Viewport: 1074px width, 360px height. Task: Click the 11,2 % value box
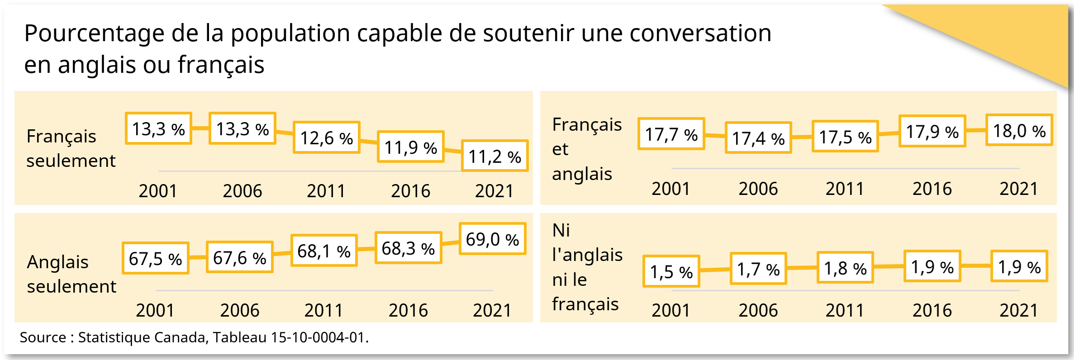coord(495,156)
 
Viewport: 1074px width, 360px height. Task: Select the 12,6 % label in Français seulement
coord(327,137)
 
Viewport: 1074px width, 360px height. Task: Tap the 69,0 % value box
coord(492,239)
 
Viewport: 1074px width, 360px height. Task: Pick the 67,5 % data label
coord(155,258)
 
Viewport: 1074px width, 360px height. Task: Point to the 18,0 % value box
coord(1019,130)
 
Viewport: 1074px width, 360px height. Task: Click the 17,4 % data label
coord(758,138)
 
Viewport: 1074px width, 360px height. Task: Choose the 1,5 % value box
coord(671,271)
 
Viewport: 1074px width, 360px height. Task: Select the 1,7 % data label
coord(758,269)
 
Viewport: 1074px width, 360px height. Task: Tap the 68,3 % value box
coord(408,248)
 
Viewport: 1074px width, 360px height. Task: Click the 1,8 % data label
coord(845,268)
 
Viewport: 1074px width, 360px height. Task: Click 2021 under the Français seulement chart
coord(494,191)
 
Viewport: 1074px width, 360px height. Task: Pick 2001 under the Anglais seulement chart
coord(155,310)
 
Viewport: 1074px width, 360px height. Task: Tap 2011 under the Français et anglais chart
coord(845,189)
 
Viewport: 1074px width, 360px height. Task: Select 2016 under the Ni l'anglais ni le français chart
coord(932,310)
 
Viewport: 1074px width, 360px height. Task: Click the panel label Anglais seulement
coord(71,274)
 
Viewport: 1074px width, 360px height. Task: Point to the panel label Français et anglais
coord(587,149)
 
